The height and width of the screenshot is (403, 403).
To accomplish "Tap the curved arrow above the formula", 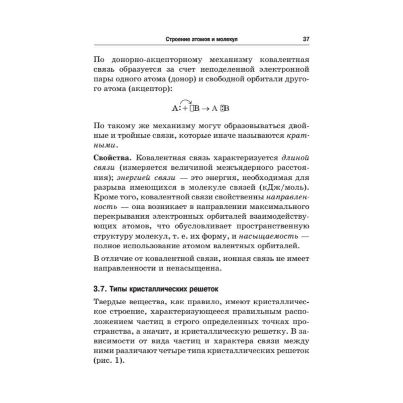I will click(x=185, y=101).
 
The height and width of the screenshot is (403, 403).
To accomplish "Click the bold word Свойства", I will click(x=110, y=158).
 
